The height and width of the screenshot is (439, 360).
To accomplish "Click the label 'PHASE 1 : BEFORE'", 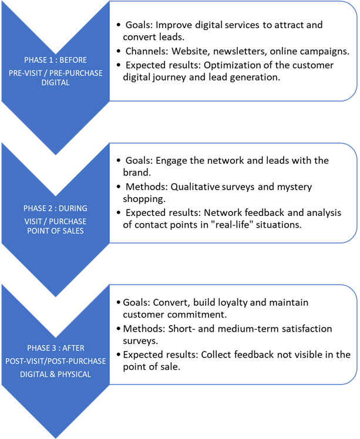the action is coord(55,60).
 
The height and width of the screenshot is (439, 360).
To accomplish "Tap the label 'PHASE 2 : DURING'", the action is coord(55,208).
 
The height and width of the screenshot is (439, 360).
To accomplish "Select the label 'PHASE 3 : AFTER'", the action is coord(55,348).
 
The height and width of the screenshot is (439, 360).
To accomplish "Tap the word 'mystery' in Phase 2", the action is coord(294,187).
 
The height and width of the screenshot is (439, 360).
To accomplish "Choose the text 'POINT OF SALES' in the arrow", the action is coord(55,231).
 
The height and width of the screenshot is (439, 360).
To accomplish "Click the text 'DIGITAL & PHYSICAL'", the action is coord(55,374).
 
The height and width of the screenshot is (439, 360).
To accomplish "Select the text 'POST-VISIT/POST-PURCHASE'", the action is coord(55,361).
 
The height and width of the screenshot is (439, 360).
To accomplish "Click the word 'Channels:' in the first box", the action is coord(147,51).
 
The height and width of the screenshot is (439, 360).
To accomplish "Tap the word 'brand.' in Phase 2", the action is coord(137,173).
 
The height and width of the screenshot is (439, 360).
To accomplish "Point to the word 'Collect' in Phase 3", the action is coord(216,354).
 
